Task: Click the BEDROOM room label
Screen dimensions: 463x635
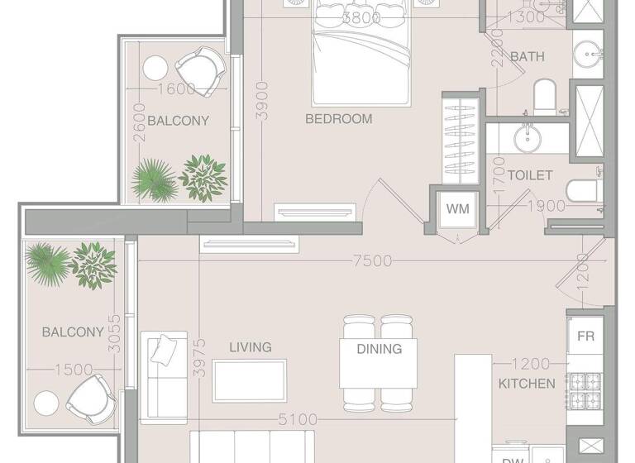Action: pos(339,119)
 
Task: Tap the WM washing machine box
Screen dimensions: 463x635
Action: pos(457,209)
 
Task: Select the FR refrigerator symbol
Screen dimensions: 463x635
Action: pos(585,337)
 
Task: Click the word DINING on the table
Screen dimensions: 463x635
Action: pos(379,349)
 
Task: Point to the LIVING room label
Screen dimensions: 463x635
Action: pos(250,347)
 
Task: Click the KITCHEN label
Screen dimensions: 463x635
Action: pos(527,384)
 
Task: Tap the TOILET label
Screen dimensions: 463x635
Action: pos(529,175)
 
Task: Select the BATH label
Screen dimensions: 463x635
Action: pos(528,57)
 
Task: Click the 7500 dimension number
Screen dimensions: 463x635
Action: pos(371,260)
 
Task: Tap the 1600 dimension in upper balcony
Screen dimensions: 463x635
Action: pos(176,89)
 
